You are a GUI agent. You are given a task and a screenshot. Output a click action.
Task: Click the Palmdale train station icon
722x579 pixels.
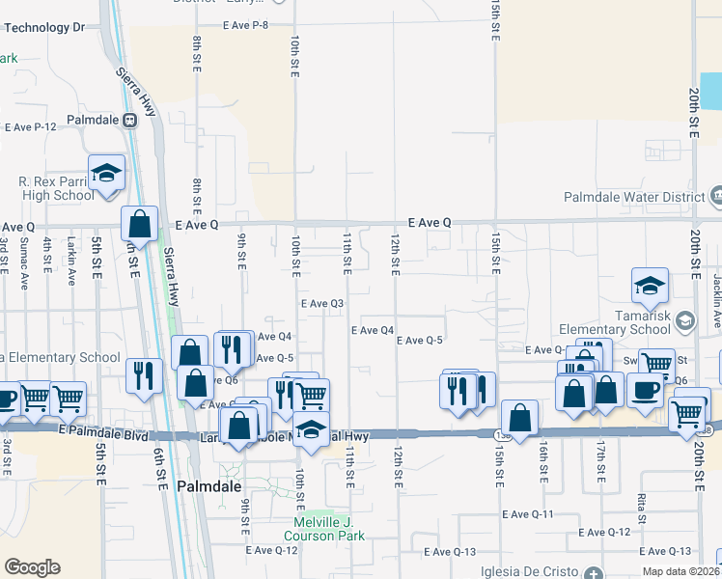[x=127, y=121]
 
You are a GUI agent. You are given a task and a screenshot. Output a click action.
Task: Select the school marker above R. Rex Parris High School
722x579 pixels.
[x=106, y=173]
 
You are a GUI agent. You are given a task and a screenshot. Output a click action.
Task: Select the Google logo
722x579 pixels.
[x=32, y=567]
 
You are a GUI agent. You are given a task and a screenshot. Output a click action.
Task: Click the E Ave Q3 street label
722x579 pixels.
[x=322, y=303]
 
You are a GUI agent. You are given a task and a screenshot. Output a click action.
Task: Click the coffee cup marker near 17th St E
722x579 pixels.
[x=645, y=390]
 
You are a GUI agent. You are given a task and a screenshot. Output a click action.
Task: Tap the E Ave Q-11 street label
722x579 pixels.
[x=528, y=514]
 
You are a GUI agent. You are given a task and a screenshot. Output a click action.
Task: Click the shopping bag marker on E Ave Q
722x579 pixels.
[x=140, y=223]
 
